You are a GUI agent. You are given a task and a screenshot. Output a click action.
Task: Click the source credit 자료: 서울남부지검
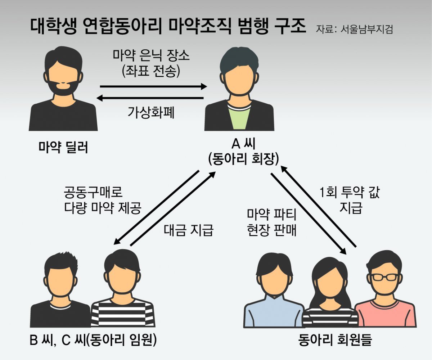[354, 30]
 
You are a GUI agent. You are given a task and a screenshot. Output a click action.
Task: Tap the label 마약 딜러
[63, 147]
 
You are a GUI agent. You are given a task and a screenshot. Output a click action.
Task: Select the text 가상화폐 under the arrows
[151, 113]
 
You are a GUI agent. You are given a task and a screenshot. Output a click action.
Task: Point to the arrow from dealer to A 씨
[153, 86]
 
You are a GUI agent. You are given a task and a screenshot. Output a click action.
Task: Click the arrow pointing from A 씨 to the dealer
[150, 98]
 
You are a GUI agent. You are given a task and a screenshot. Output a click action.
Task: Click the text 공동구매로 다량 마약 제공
[103, 200]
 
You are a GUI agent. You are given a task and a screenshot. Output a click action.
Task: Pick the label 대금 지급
[189, 230]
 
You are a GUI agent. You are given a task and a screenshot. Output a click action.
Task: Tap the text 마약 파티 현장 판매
[272, 222]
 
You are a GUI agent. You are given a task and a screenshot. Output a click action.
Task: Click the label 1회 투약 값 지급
[350, 200]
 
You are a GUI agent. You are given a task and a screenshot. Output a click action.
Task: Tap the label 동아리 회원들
[335, 339]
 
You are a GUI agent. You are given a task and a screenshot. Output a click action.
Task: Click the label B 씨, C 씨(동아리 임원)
[93, 339]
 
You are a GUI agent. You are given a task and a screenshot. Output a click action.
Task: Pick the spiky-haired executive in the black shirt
[60, 290]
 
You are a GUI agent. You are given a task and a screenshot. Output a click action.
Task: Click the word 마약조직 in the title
[200, 27]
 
